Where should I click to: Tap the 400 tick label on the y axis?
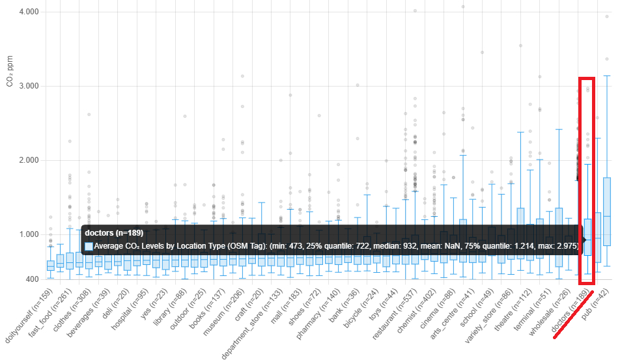click(31, 280)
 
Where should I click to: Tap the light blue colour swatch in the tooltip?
click(89, 247)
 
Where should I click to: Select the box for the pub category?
click(606, 212)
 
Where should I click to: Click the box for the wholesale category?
click(558, 238)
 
